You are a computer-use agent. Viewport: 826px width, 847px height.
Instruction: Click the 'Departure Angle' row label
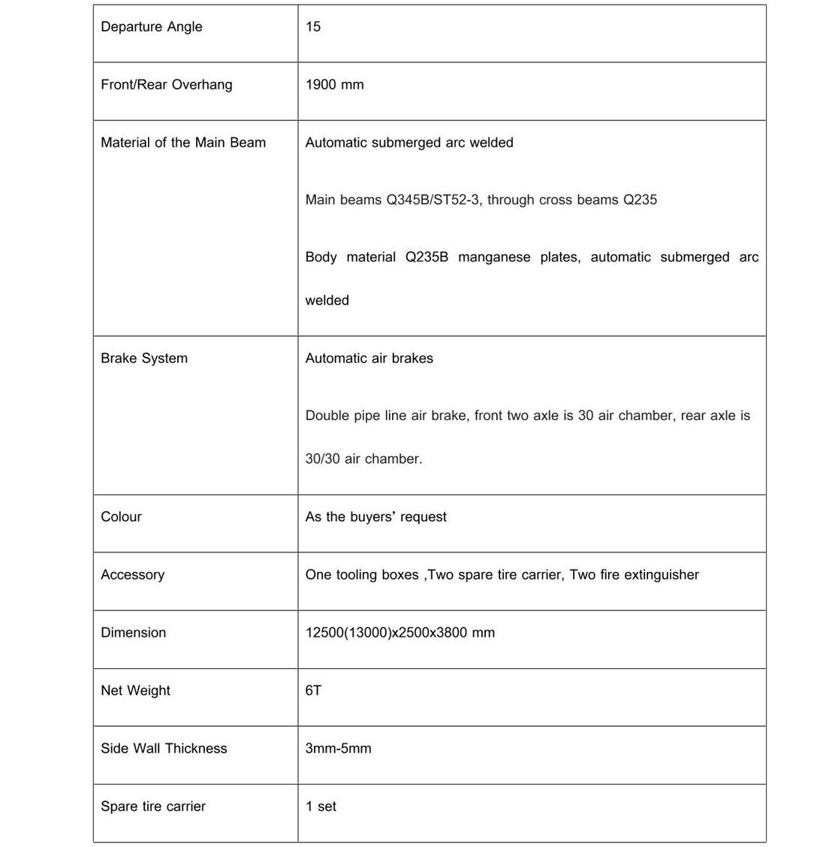click(152, 27)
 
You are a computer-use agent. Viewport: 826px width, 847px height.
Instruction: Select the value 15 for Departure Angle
click(313, 27)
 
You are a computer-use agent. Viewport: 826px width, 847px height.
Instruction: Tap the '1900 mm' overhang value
click(334, 85)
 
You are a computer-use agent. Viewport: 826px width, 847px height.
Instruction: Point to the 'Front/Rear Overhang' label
click(167, 85)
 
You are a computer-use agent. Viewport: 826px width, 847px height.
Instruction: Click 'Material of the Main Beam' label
click(183, 143)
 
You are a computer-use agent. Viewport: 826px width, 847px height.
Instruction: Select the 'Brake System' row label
click(144, 358)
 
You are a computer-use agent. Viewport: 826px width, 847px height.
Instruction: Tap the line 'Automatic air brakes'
click(369, 358)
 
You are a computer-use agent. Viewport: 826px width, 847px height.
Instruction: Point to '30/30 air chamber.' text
click(363, 459)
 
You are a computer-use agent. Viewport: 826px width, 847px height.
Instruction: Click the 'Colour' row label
click(121, 517)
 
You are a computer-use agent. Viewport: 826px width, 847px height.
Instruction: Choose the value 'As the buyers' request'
click(375, 517)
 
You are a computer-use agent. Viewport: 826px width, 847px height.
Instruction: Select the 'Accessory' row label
click(132, 575)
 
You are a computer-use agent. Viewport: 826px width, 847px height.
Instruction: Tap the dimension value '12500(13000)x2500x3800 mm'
click(399, 633)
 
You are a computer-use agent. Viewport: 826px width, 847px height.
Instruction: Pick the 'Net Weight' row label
click(135, 691)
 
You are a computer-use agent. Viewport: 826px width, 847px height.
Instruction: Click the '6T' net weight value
click(313, 691)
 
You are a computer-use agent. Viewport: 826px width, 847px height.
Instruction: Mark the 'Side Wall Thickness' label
click(164, 749)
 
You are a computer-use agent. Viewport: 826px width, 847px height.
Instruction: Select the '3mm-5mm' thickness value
click(338, 749)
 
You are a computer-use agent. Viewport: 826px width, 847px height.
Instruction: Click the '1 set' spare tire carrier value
click(321, 806)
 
